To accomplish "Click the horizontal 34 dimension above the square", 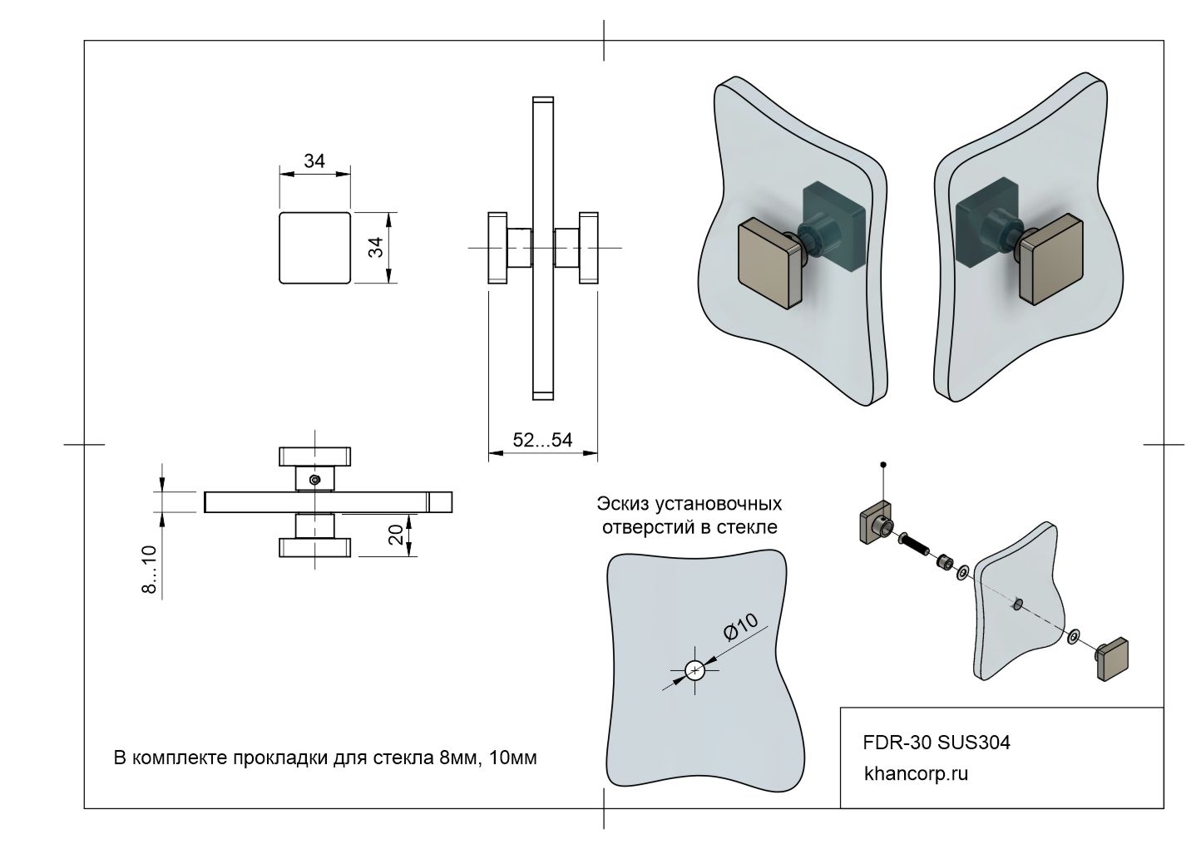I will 314,160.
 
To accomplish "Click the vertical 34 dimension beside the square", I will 377,247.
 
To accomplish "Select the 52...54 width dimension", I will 542,440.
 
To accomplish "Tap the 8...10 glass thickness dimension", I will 150,570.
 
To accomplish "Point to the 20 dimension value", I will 397,533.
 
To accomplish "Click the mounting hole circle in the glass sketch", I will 694,669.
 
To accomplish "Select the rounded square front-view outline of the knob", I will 314,248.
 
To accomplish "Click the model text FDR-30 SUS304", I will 937,743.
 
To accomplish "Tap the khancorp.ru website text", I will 917,773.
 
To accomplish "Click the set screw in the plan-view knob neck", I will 314,479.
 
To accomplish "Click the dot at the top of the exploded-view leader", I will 883,464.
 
